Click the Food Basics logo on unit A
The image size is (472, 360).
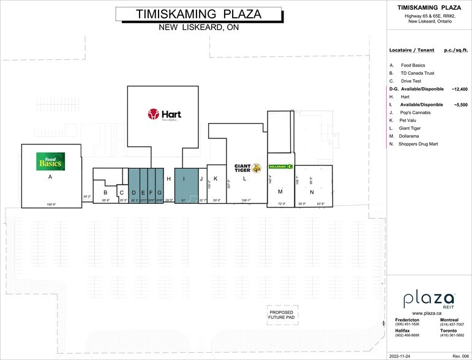click(50, 161)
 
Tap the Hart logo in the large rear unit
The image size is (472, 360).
click(163, 114)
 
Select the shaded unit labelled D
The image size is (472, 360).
click(133, 192)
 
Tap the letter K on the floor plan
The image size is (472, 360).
click(215, 179)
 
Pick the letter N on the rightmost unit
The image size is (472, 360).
click(311, 192)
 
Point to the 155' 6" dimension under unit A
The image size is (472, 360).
click(51, 204)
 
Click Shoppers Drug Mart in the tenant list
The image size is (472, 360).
click(419, 144)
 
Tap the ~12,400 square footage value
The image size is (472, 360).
click(459, 89)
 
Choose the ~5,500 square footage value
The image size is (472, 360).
click(460, 105)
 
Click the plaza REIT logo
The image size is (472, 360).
click(429, 300)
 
